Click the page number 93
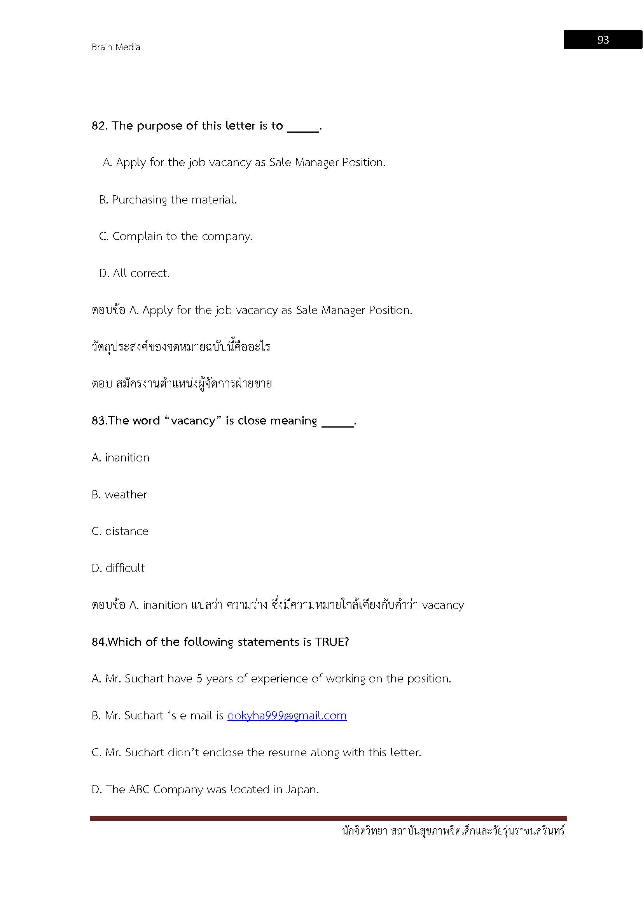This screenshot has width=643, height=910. [x=603, y=40]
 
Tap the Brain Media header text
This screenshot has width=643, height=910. [x=116, y=47]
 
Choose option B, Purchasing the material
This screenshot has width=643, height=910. [x=168, y=199]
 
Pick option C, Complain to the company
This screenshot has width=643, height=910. [x=176, y=236]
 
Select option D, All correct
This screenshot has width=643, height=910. [x=134, y=273]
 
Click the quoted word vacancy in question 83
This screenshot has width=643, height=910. [x=193, y=421]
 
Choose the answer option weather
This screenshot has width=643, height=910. [x=119, y=494]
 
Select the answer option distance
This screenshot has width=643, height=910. [x=120, y=531]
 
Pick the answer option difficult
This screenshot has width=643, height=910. [x=118, y=568]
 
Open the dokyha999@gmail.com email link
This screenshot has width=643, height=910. [x=287, y=715]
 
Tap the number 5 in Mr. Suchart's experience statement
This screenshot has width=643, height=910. [x=199, y=679]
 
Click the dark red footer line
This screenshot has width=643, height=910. [x=328, y=818]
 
